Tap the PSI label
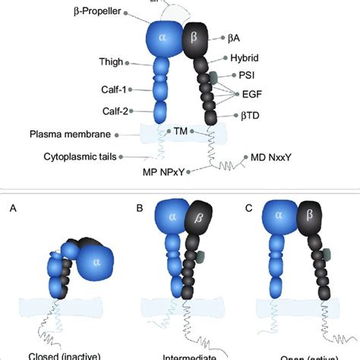point(248,76)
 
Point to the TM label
point(180,131)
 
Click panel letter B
point(138,207)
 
